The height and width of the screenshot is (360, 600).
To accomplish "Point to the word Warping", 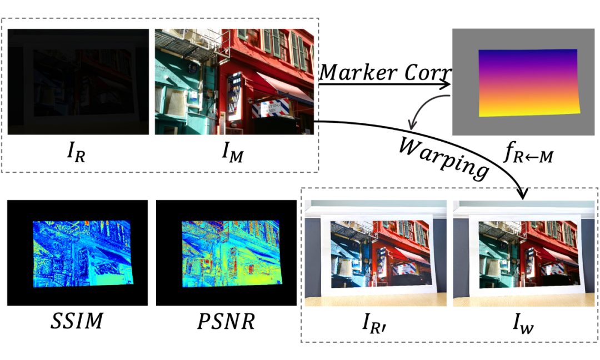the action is (x=443, y=158).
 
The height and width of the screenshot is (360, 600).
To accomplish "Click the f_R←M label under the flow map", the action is (x=527, y=154).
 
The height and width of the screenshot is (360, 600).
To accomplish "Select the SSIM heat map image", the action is (x=78, y=253).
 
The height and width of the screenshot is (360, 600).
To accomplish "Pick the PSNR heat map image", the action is (x=226, y=253).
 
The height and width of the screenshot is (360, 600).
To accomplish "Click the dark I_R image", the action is (x=78, y=82).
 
